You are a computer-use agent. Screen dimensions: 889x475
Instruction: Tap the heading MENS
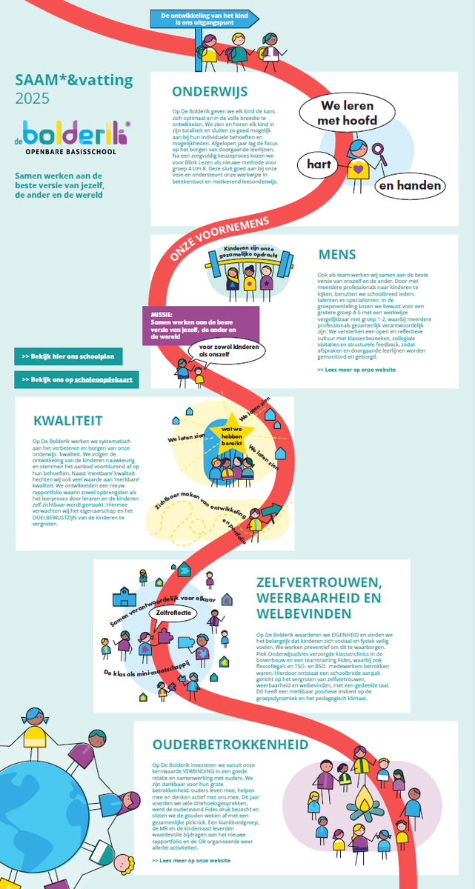[337, 255]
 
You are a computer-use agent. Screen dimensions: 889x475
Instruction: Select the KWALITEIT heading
[67, 421]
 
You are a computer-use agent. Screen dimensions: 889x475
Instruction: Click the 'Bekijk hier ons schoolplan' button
[68, 356]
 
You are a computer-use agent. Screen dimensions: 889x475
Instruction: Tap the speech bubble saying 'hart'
[319, 164]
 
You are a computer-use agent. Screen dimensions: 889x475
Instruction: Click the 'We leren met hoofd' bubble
[347, 112]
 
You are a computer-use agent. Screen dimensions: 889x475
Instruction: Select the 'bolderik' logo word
[74, 133]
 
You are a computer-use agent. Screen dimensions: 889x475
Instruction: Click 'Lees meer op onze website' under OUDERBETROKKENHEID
[190, 861]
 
